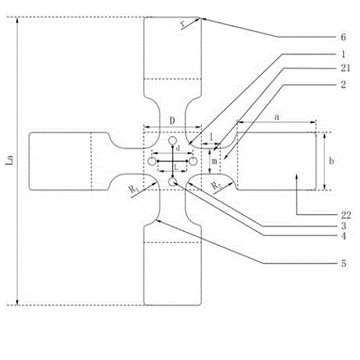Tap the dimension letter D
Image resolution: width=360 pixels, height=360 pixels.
172,119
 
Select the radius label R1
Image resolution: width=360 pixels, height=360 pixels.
133,189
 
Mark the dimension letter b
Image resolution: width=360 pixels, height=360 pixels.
332,160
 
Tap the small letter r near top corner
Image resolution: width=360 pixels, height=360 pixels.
182,23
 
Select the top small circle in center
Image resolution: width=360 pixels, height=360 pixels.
172,141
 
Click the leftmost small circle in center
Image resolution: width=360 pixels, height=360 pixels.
152,160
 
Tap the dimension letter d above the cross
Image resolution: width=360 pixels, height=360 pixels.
177,149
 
